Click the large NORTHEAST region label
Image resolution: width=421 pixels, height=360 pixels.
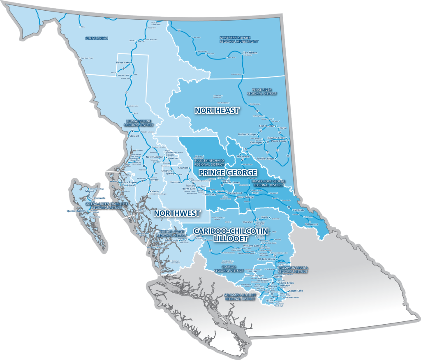click(217, 111)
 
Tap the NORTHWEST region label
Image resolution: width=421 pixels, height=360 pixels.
click(177, 213)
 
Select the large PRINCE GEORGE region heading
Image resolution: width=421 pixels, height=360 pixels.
click(228, 172)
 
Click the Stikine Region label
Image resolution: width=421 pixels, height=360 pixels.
click(97, 38)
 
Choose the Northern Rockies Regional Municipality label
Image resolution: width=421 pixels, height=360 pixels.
click(239, 39)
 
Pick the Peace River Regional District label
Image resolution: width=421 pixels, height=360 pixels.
click(261, 91)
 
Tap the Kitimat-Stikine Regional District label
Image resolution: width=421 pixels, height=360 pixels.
click(140, 123)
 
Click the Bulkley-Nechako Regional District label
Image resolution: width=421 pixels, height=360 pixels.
click(210, 162)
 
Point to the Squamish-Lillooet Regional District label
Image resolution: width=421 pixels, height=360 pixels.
click(240, 297)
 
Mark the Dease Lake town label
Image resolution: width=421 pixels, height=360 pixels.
click(123, 63)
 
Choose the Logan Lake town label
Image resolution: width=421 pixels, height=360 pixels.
click(296, 291)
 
